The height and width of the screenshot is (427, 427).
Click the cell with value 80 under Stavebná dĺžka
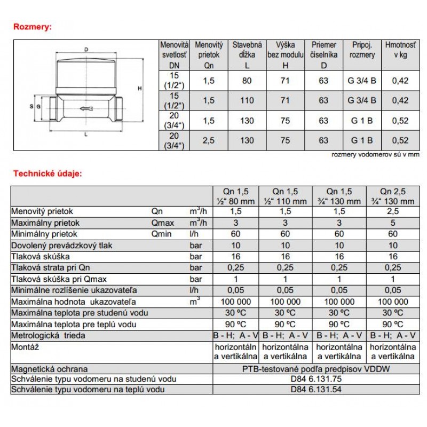[x=247, y=81]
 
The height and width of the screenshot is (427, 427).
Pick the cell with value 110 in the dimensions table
[x=247, y=100]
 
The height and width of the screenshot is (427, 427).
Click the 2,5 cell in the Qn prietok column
[x=209, y=140]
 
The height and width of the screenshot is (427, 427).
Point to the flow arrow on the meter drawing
[x=85, y=109]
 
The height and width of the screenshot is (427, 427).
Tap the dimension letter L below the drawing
[x=86, y=135]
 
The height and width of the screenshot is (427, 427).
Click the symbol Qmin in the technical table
[x=161, y=234]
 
